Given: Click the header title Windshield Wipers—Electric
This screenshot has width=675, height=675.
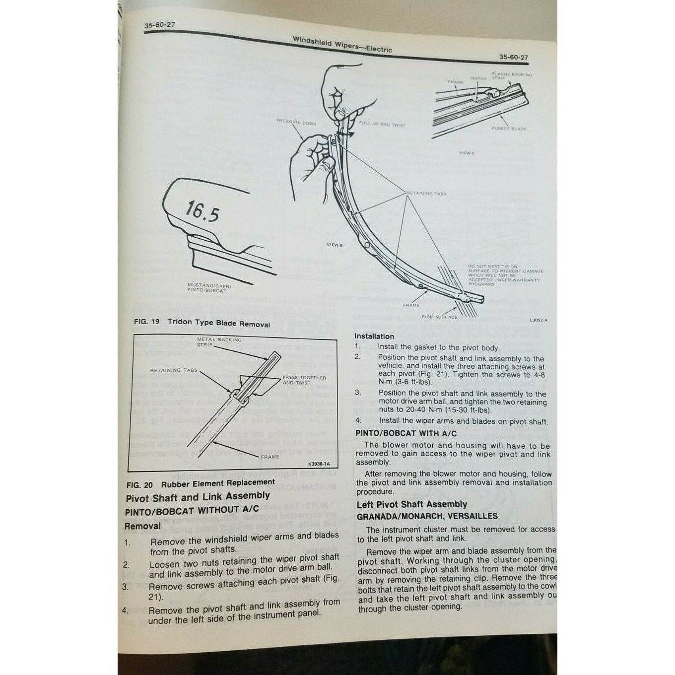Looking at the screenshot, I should pyautogui.click(x=342, y=45).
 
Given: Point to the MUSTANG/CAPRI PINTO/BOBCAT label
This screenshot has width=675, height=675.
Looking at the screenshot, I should pyautogui.click(x=209, y=288).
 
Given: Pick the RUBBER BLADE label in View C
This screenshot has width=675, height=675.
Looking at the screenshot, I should pyautogui.click(x=509, y=129).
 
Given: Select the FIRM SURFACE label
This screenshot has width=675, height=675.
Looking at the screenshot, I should pyautogui.click(x=439, y=317).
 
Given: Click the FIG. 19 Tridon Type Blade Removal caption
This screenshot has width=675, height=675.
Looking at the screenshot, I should pyautogui.click(x=202, y=323).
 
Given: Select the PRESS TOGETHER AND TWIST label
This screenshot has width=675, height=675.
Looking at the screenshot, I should pyautogui.click(x=304, y=380).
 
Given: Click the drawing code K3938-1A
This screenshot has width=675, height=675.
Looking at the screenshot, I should pyautogui.click(x=319, y=465).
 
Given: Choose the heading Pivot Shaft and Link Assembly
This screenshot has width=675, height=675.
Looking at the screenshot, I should pyautogui.click(x=198, y=496).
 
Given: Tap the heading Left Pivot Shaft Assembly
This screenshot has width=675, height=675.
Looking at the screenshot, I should pyautogui.click(x=411, y=504).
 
